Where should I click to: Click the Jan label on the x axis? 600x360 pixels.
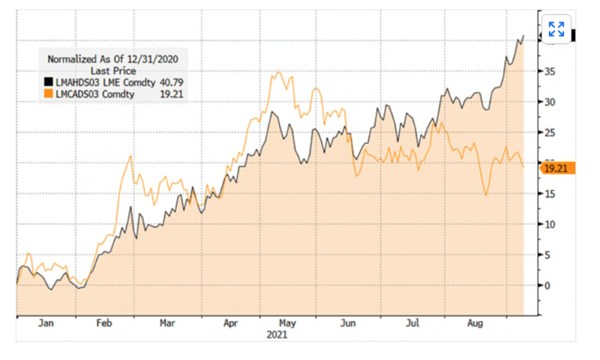[46, 324]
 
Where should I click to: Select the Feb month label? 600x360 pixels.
[105, 324]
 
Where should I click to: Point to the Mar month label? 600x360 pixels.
[167, 324]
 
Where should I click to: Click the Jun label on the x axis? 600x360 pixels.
[349, 324]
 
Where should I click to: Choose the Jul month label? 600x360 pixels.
[412, 324]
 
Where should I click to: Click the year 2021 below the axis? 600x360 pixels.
[277, 335]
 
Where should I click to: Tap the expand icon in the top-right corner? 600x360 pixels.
[556, 29]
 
